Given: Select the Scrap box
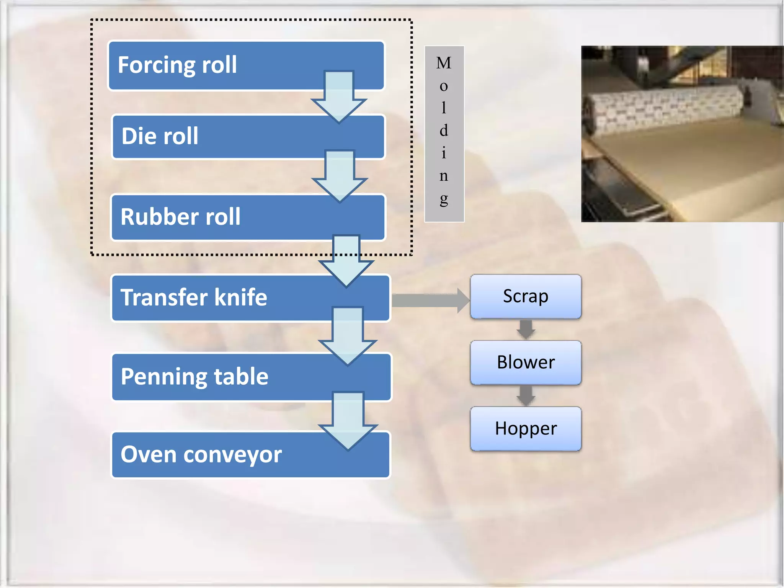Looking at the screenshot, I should point(526,296).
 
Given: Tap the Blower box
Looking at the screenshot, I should point(526,362).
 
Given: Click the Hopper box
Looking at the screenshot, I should point(526,428).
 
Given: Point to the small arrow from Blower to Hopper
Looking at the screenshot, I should point(526,395).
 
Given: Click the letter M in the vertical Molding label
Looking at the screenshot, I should point(444,63).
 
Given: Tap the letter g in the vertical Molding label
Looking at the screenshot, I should point(444,199).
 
